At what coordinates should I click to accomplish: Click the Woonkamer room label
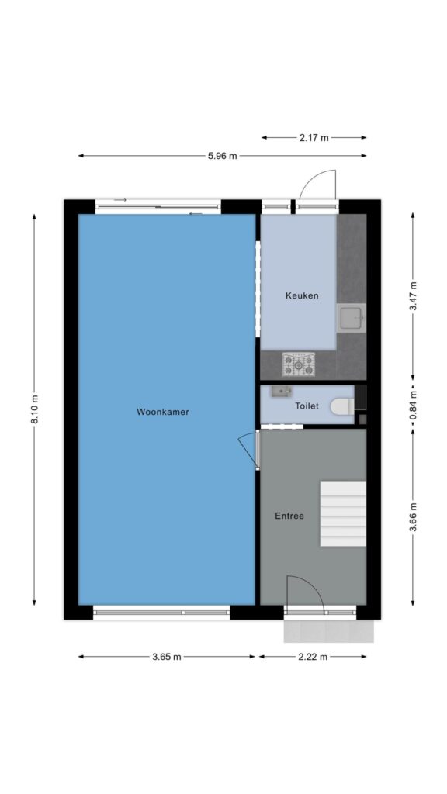coord(163,413)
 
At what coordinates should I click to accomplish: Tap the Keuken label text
coord(302,295)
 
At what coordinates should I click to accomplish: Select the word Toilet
coord(307,406)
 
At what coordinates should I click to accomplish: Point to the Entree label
coord(289,516)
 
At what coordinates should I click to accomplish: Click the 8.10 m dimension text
coord(34,409)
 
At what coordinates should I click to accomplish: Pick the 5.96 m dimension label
coord(223,156)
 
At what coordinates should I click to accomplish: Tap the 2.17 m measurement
coord(314,137)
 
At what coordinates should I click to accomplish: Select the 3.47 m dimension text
coord(413,296)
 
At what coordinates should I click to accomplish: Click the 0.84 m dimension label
coord(413,405)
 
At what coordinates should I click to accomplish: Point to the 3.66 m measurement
coord(413,517)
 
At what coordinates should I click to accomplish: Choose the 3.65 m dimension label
coord(167,657)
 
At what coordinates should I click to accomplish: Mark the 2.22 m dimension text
coord(313,657)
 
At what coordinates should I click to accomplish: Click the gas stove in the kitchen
coord(299,364)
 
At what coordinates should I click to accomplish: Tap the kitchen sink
coord(352,318)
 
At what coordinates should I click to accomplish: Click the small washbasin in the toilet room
coord(281,391)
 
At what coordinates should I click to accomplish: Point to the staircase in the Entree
coord(343,513)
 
